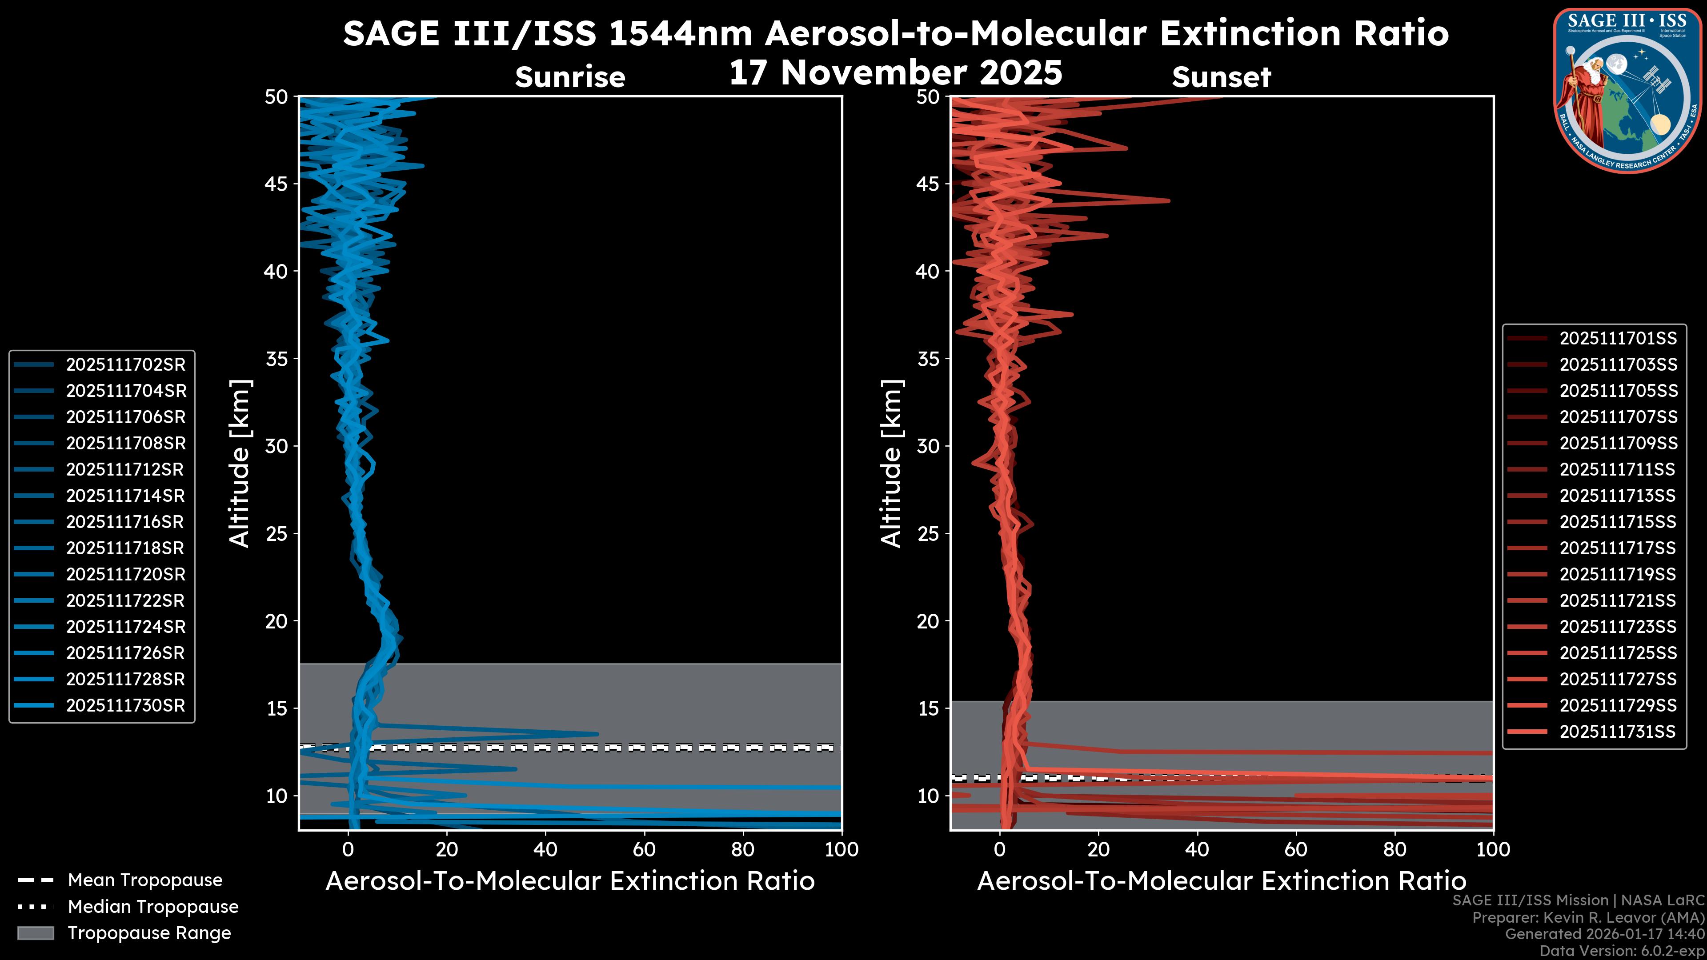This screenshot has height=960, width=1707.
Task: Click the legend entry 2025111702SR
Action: [125, 364]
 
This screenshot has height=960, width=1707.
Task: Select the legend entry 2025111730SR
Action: [125, 706]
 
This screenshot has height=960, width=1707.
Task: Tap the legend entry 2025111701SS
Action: [1618, 339]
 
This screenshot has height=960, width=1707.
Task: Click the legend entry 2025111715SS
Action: [1618, 522]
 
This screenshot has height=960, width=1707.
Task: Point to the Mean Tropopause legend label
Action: [145, 880]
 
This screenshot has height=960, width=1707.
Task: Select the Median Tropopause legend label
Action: [153, 907]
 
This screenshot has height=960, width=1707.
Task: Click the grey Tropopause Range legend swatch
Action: [36, 933]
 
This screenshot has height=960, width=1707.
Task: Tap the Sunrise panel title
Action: [570, 77]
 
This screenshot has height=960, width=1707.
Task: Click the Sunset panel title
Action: [1221, 77]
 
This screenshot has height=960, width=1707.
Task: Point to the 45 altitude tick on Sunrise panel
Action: [276, 184]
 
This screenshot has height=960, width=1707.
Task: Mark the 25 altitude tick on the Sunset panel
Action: [928, 533]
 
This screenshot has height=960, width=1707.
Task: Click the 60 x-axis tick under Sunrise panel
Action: [644, 849]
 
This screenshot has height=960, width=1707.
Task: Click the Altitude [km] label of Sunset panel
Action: [891, 463]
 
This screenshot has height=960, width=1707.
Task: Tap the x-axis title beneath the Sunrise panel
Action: [570, 881]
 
